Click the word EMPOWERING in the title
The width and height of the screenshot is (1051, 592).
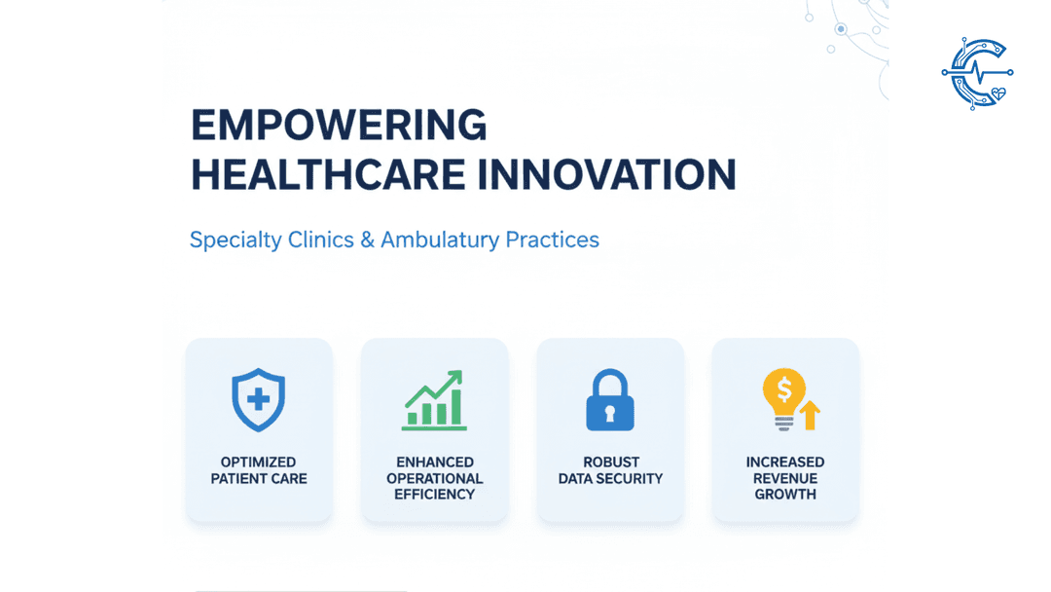339,126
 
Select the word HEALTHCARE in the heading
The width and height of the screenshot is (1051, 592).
328,175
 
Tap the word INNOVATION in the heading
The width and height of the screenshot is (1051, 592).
606,175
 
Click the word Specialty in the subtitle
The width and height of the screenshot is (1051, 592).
236,240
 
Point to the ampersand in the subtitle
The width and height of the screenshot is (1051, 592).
367,240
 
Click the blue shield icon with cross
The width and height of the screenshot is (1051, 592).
259,399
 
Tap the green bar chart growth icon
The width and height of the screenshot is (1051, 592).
434,400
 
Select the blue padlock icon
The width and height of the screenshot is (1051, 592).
610,399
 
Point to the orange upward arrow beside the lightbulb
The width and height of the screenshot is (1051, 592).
810,415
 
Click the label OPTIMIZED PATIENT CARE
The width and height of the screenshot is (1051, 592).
259,470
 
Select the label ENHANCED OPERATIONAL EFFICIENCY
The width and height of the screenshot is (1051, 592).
434,478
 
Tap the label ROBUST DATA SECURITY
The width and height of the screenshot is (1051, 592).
610,470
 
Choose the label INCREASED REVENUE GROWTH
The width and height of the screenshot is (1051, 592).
785,478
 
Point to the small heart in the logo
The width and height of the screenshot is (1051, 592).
998,93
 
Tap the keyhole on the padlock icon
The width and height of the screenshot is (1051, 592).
610,413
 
